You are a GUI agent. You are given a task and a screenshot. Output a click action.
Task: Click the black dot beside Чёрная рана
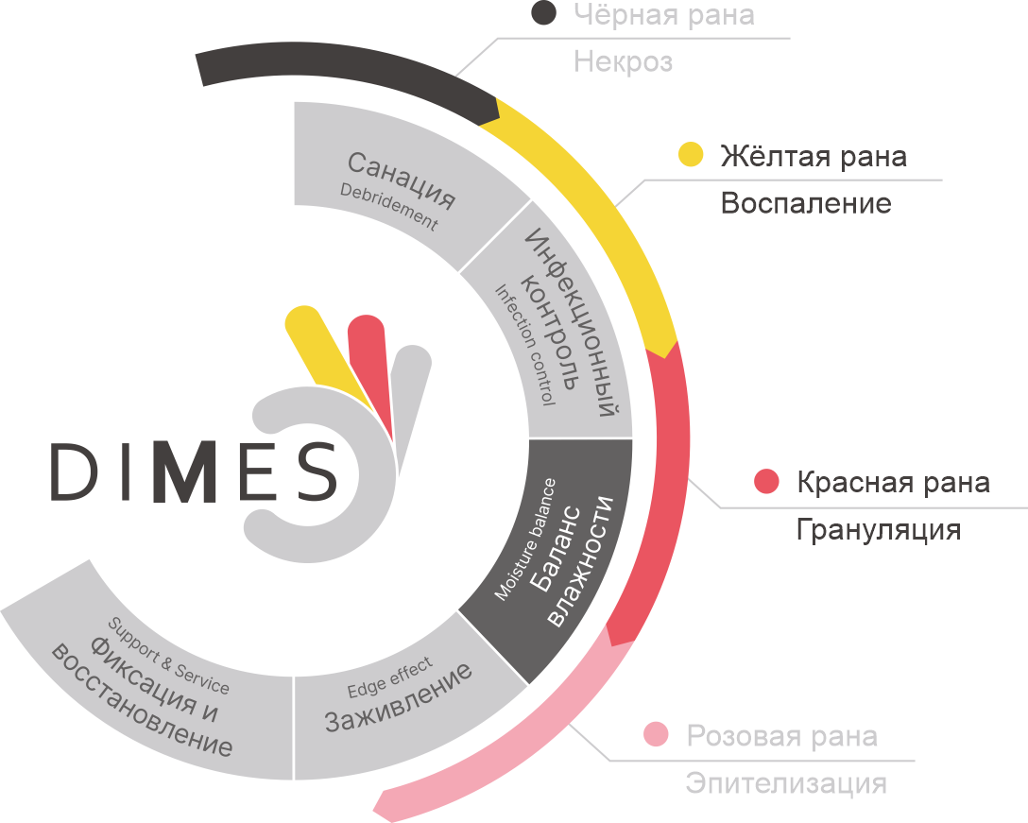(543, 13)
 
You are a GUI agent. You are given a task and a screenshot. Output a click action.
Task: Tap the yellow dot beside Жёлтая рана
(691, 154)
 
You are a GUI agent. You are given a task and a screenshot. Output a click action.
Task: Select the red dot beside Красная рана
(766, 481)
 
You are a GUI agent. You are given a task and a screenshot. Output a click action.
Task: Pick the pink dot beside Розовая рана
(656, 734)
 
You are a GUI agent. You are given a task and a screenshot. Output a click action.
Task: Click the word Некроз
(624, 61)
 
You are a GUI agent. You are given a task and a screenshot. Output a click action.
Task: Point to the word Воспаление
(806, 203)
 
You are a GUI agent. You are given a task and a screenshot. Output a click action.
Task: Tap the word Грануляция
(879, 530)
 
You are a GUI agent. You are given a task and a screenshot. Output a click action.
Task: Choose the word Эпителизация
(786, 783)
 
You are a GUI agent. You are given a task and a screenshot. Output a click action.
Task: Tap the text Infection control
(524, 345)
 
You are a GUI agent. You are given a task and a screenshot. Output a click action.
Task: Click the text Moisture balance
(524, 539)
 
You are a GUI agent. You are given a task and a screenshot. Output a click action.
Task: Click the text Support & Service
(168, 656)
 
